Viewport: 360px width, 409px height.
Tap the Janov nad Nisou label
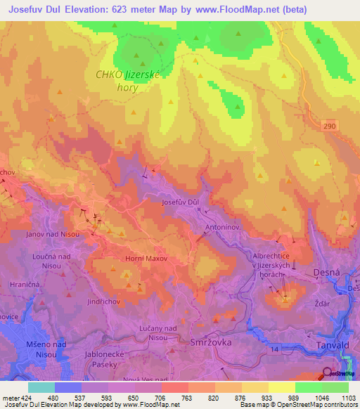(52, 233)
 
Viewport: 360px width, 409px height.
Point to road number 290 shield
(330, 124)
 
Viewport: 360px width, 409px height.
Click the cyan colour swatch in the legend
(41, 387)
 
